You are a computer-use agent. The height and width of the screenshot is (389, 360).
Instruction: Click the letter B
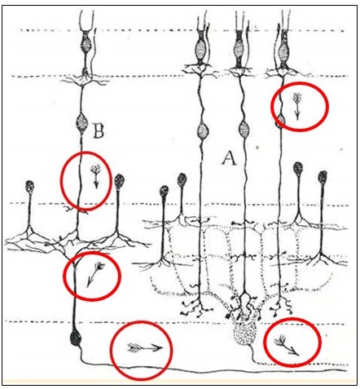point(99,130)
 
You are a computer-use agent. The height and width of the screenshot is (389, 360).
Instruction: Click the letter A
point(230,158)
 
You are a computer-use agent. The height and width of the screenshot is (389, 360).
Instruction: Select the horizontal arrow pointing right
point(145,347)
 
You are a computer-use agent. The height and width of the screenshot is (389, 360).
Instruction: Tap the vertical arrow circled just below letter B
point(96,176)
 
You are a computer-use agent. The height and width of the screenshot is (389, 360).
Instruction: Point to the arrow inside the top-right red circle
point(297,106)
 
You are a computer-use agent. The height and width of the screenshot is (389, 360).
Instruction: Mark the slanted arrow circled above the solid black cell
point(94,275)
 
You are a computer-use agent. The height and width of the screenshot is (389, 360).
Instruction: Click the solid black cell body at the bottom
point(76,338)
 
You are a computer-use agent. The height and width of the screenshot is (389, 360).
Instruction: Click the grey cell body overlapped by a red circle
point(281,122)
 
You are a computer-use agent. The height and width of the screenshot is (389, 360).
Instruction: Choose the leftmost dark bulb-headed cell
point(30,187)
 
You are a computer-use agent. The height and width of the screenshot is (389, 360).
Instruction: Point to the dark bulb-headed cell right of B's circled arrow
point(119,181)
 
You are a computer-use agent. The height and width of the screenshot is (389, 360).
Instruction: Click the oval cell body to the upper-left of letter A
point(202,130)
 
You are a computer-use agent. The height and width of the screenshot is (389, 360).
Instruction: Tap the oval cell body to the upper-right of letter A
point(244,130)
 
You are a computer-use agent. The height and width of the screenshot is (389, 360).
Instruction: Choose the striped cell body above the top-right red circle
point(283,51)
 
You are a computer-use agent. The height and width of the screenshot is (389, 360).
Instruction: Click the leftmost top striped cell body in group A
point(200,49)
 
